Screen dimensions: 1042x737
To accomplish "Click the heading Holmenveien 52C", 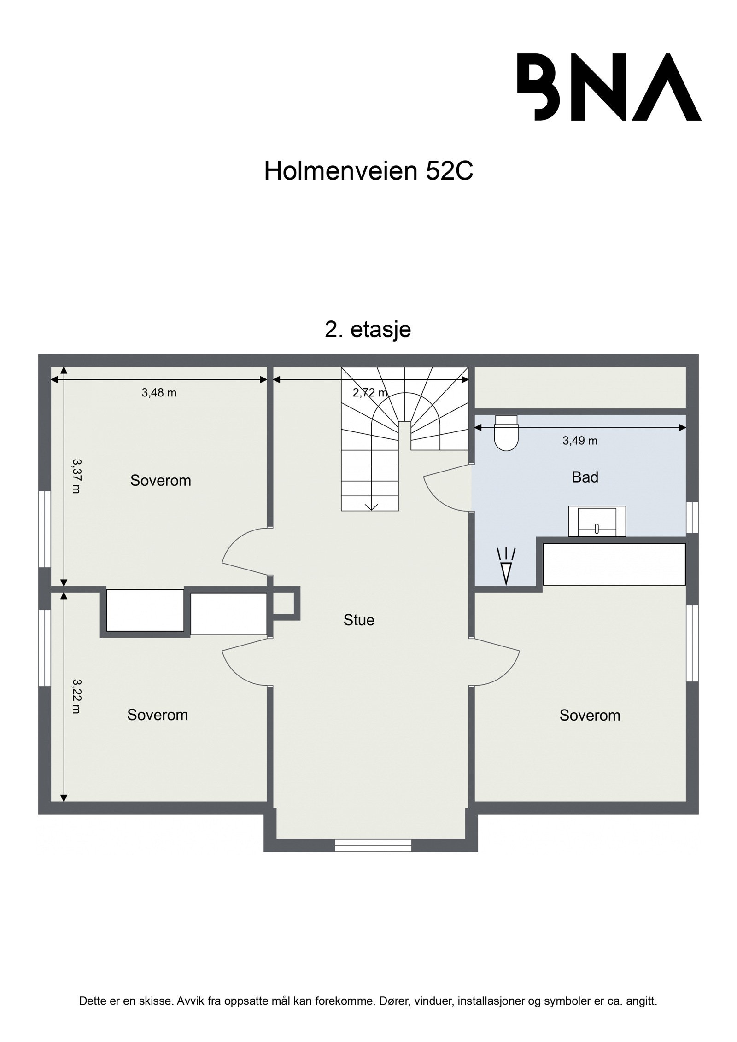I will tap(368, 172).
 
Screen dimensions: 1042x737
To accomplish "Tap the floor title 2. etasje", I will tap(368, 330).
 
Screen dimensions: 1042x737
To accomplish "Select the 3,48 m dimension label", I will tap(159, 393).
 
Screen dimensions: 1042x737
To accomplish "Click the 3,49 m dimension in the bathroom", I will tap(579, 441).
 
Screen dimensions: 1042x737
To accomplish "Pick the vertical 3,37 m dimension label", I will tap(76, 476).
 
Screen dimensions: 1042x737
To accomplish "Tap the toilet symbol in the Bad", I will tap(505, 432).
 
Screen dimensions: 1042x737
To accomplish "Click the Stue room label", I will tap(359, 620).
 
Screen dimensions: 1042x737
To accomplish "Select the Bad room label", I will tap(585, 477).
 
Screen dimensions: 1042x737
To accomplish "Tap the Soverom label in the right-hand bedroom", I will tap(590, 715).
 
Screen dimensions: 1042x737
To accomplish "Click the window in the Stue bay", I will tap(373, 845).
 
